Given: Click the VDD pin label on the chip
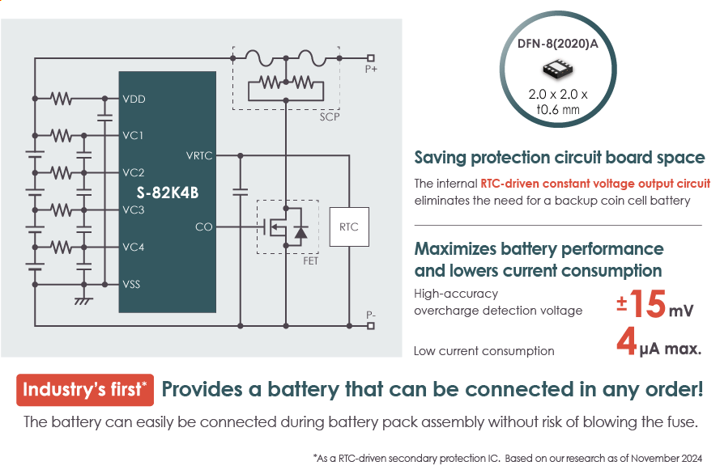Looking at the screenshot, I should pos(134,99).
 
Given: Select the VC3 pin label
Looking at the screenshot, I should pos(134,210).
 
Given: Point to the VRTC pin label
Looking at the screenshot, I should pos(198,155).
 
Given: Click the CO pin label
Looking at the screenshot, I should pos(203,227).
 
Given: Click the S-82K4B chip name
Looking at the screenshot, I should pos(168,192).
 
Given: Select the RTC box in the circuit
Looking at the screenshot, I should pos(349,227).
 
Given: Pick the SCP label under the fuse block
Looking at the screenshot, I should pos(330,117).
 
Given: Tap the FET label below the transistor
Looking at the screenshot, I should pos(310,261).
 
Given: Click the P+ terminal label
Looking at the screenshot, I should pos(371,70).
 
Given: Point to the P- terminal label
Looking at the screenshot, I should pos(371,314).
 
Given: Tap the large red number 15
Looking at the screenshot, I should pos(648,304).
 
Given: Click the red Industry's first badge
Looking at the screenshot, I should pos(85,390).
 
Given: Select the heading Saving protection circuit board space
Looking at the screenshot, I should pos(560,158).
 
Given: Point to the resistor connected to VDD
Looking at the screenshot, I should pos(62,99).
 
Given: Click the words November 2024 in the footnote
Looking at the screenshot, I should pos(677,459).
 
